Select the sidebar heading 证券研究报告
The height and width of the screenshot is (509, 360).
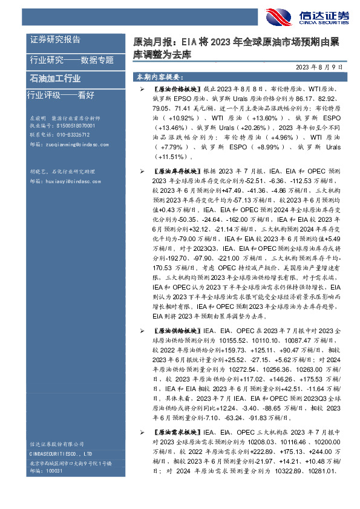[55, 39]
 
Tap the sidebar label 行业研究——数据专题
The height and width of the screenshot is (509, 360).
[71, 59]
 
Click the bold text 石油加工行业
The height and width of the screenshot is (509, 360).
[55, 79]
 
